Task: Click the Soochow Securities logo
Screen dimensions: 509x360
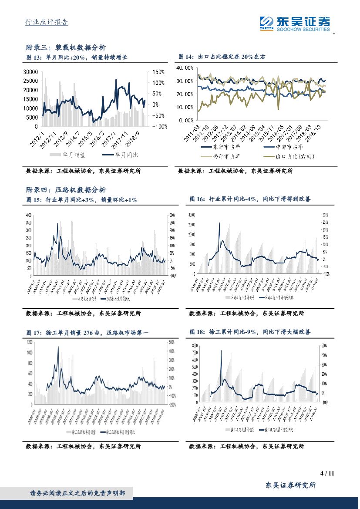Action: (x=295, y=23)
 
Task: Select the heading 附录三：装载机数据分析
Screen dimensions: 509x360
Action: (x=66, y=47)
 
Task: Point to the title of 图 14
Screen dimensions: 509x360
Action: (x=222, y=57)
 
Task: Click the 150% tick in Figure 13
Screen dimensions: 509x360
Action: (x=158, y=72)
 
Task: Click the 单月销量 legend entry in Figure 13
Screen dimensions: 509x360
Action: (x=67, y=154)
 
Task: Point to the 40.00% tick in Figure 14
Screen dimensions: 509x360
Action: (x=184, y=68)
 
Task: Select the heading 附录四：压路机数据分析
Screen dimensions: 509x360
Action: (x=66, y=190)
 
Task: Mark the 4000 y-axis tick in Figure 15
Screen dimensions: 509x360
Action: (x=29, y=216)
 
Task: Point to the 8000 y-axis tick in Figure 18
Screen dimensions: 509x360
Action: (x=195, y=346)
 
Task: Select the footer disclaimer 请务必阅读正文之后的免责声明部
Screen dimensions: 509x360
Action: (x=77, y=493)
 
